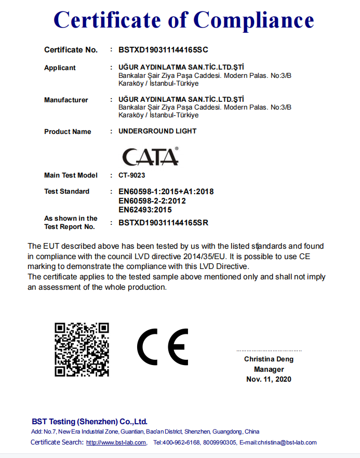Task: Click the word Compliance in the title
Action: pyautogui.click(x=254, y=20)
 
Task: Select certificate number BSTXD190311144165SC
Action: pyautogui.click(x=164, y=50)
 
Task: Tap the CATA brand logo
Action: pyautogui.click(x=150, y=156)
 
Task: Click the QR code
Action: pyautogui.click(x=82, y=349)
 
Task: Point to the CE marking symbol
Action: pyautogui.click(x=163, y=347)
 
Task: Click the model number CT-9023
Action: pyautogui.click(x=132, y=176)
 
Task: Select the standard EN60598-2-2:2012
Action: pyautogui.click(x=152, y=200)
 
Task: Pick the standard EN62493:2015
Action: pyautogui.click(x=145, y=210)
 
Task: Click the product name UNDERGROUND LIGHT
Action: pyautogui.click(x=157, y=131)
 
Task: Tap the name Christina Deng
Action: pyautogui.click(x=269, y=359)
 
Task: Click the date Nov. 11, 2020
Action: pyautogui.click(x=269, y=379)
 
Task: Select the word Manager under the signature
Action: pyautogui.click(x=269, y=369)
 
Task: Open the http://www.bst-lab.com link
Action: pyautogui.click(x=116, y=443)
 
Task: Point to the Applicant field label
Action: pyautogui.click(x=60, y=68)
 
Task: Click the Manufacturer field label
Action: pyautogui.click(x=66, y=100)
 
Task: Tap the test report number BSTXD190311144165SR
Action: pyautogui.click(x=164, y=223)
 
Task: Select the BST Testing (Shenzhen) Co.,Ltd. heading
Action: pyautogui.click(x=89, y=422)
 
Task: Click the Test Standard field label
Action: pyautogui.click(x=66, y=192)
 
